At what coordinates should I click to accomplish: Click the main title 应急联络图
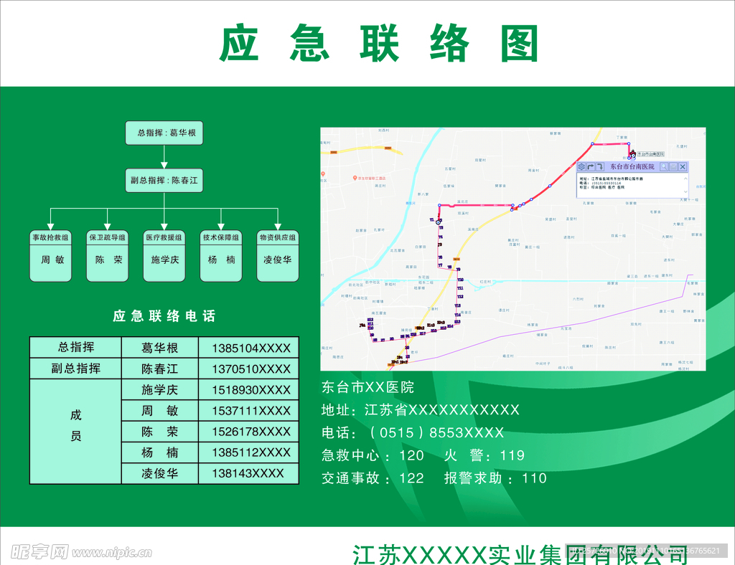point(378,44)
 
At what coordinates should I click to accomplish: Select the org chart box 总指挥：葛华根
point(164,133)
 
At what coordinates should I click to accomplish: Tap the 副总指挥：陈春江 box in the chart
point(164,180)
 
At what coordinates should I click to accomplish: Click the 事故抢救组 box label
point(50,237)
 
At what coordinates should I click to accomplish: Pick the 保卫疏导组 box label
point(108,237)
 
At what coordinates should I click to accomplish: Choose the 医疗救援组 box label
point(164,237)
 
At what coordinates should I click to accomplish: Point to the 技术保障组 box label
point(221,237)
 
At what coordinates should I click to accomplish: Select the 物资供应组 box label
point(278,237)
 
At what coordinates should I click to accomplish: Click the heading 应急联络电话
point(164,316)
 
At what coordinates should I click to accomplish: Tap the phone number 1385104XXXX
point(251,348)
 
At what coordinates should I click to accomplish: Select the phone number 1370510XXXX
point(251,369)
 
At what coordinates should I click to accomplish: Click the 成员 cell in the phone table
point(76,425)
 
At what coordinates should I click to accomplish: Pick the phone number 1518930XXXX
point(251,390)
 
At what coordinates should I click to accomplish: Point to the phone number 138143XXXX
point(248,473)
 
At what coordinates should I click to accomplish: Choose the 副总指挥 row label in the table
point(76,369)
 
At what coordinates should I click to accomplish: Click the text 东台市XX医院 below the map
point(367,388)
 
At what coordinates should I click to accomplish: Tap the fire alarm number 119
point(512,455)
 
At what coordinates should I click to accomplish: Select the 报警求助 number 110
point(535,478)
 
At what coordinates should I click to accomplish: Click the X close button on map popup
point(683,167)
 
